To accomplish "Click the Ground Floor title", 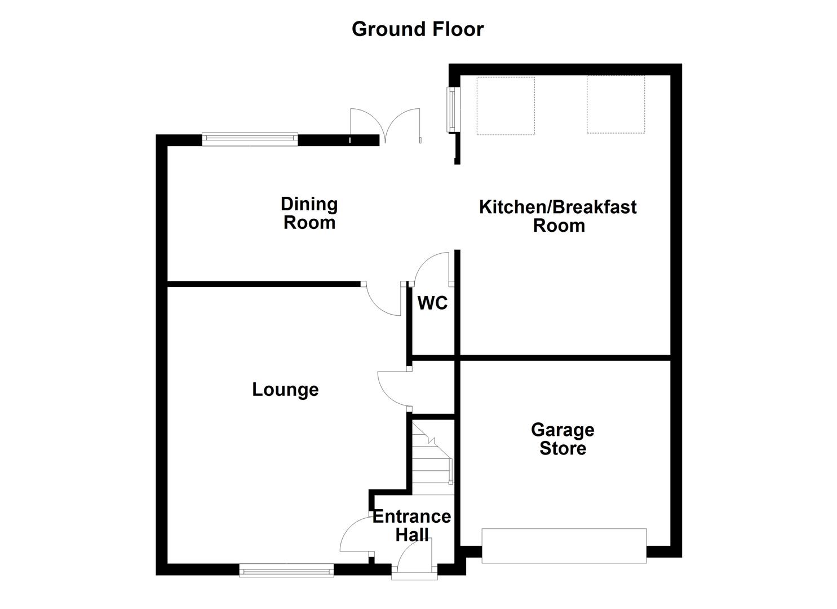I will (x=418, y=29).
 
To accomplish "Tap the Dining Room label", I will (x=309, y=213).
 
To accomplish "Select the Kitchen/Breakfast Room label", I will (x=558, y=216).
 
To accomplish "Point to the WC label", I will (x=432, y=303).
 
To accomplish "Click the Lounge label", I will (x=285, y=390).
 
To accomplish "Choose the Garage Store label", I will (x=563, y=439).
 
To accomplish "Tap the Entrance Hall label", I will (x=412, y=525).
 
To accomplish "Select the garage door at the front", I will (x=564, y=545).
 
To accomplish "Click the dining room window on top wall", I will (x=250, y=138).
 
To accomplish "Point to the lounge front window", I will (x=286, y=571).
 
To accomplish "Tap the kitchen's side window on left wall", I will (x=452, y=109).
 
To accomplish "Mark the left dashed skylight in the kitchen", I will (x=506, y=106).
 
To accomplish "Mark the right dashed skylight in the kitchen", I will (x=615, y=105).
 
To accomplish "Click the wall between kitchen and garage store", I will (x=564, y=358).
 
